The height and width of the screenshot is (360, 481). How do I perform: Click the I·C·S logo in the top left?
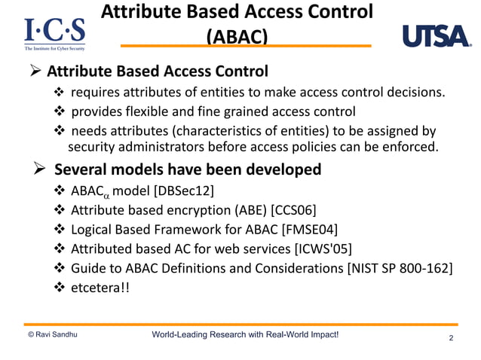point(54,34)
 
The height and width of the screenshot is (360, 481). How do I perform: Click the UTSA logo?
point(434,36)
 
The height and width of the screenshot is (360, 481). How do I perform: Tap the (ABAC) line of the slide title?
point(236,36)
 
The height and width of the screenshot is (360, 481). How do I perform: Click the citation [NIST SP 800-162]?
point(400,267)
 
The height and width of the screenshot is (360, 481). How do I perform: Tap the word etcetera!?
point(100,287)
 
